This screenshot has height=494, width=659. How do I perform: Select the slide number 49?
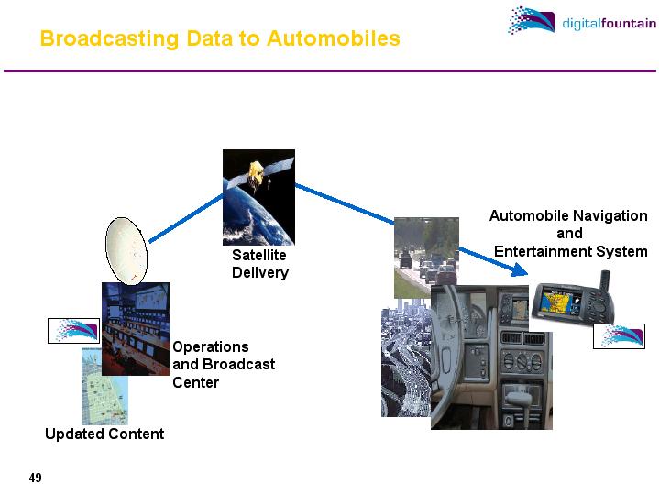(x=36, y=478)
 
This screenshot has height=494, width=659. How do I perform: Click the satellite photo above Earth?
(x=258, y=197)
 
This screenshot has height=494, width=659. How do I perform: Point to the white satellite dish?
(x=126, y=250)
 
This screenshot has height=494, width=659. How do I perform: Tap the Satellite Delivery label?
(x=259, y=264)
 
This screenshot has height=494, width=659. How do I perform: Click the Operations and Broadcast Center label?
(x=223, y=364)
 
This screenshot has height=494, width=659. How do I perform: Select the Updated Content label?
(x=104, y=434)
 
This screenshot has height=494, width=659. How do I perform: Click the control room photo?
(x=136, y=327)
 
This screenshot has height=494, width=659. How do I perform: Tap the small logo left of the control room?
(x=72, y=331)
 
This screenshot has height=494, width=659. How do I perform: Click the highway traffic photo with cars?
(x=426, y=257)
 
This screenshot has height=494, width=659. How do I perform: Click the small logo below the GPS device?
(x=618, y=336)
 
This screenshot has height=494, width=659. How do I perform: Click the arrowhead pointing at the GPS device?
(x=522, y=270)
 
